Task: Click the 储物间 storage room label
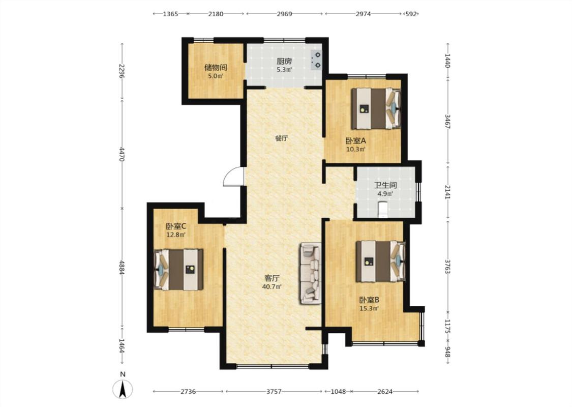216,68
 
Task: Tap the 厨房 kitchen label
284,61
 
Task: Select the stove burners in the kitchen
316,60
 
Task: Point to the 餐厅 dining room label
282,138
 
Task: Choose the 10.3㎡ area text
356,149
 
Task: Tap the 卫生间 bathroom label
385,185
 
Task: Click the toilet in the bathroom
383,209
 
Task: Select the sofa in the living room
311,273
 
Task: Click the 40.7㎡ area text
272,287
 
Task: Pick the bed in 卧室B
381,261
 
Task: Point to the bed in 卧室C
178,270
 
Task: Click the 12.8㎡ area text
176,235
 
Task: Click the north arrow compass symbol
123,389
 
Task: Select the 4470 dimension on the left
122,154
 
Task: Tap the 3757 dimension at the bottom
274,392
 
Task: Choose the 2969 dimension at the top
284,14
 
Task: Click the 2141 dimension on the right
448,192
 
